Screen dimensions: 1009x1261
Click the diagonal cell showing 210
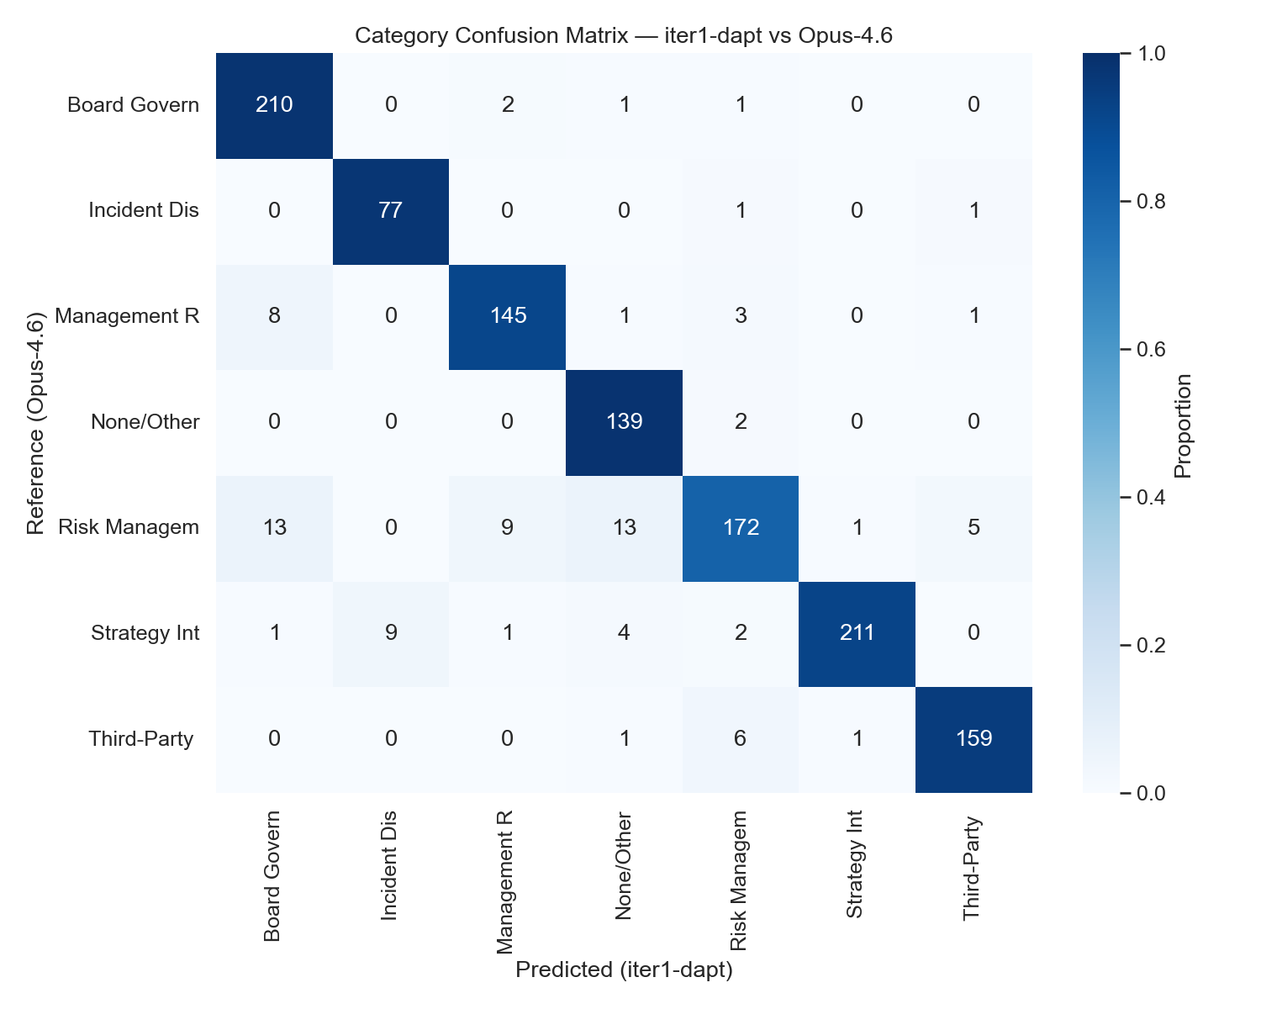274,105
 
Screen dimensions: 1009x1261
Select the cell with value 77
391,210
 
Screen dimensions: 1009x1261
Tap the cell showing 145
507,316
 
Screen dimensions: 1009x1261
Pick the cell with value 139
624,421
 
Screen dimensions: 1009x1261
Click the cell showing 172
740,527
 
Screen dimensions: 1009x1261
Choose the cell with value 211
857,632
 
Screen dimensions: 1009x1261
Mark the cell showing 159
973,738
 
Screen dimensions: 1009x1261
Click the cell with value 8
274,316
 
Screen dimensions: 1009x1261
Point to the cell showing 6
740,738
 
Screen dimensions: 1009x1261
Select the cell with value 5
973,527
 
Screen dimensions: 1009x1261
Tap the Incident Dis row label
144,210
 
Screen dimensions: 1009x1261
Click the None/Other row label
145,421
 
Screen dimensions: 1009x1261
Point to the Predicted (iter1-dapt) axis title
624,969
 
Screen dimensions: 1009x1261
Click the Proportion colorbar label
1183,425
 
